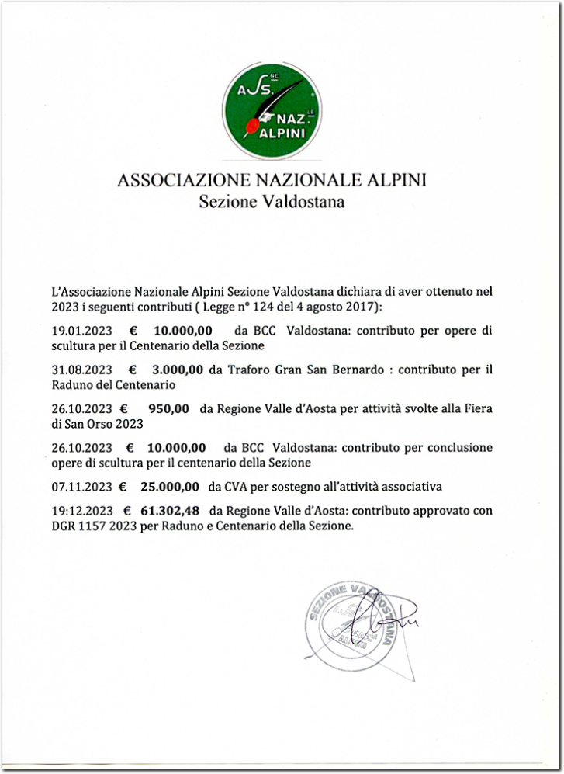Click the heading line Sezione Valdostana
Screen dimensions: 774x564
[272, 203]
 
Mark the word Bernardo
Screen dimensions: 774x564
[362, 370]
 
